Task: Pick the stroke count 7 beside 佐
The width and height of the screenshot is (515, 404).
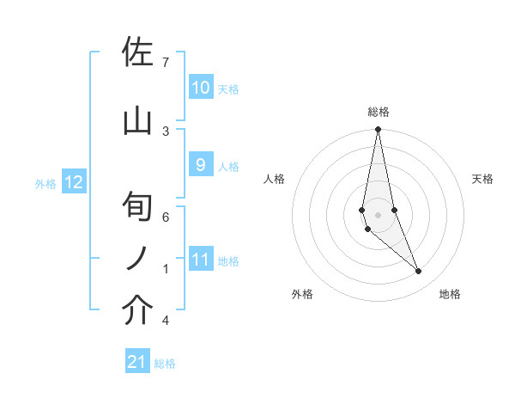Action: (165, 62)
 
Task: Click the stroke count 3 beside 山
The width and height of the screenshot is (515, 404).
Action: (165, 131)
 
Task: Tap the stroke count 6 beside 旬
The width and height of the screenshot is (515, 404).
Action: (165, 217)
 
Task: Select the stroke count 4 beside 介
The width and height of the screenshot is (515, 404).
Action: (165, 321)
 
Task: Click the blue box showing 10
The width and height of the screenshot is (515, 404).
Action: (200, 88)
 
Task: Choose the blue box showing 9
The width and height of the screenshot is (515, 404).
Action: (200, 165)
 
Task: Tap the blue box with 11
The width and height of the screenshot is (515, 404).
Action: (200, 260)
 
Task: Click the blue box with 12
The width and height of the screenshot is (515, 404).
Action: (74, 182)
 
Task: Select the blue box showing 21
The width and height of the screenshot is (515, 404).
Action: (137, 363)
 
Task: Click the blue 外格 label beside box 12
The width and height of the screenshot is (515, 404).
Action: (45, 183)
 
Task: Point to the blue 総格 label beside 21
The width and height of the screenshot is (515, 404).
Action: (166, 364)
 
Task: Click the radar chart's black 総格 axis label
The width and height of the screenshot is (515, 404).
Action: (378, 112)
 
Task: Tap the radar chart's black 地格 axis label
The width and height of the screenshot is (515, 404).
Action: (450, 294)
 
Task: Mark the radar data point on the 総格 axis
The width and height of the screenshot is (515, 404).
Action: (378, 130)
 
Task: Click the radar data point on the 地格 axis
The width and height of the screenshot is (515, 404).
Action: (419, 272)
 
